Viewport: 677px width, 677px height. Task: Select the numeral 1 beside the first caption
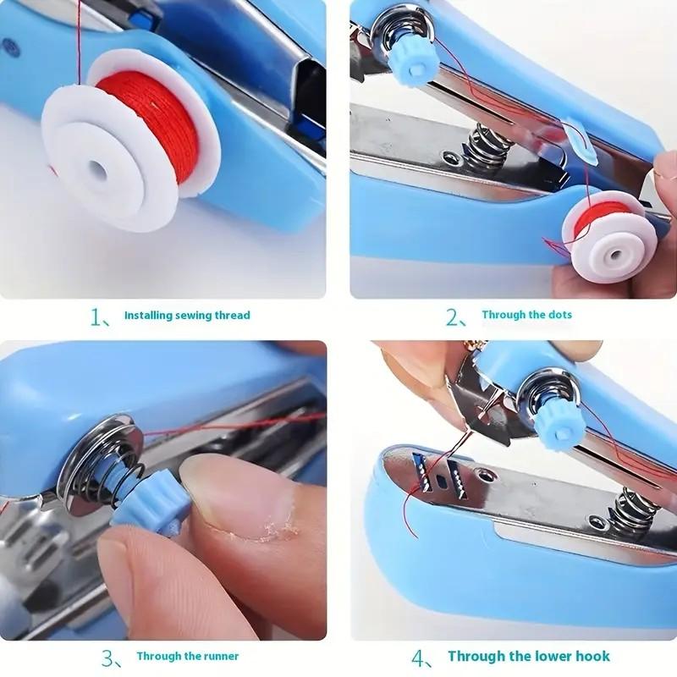tap(96, 317)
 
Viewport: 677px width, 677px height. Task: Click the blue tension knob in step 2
tap(413, 64)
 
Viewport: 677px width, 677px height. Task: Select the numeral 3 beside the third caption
tap(108, 658)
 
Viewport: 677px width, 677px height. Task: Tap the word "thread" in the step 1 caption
tap(233, 315)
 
